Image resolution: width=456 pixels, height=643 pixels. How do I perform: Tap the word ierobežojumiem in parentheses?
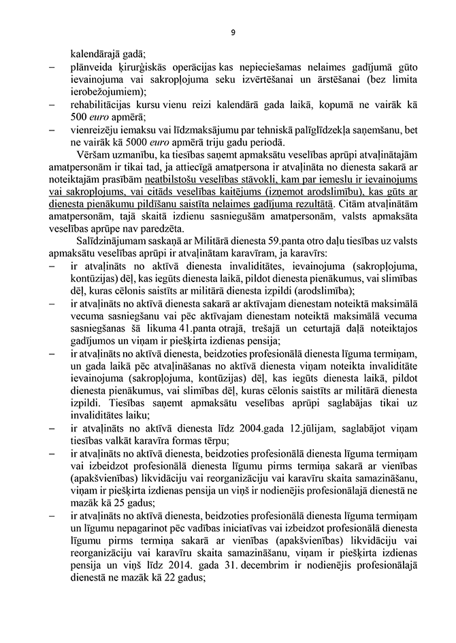point(105,92)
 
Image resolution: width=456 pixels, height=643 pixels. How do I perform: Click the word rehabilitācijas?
point(100,105)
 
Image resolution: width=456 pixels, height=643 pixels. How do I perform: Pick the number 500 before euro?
point(79,118)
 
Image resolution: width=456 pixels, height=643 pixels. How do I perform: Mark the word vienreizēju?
point(96,130)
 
